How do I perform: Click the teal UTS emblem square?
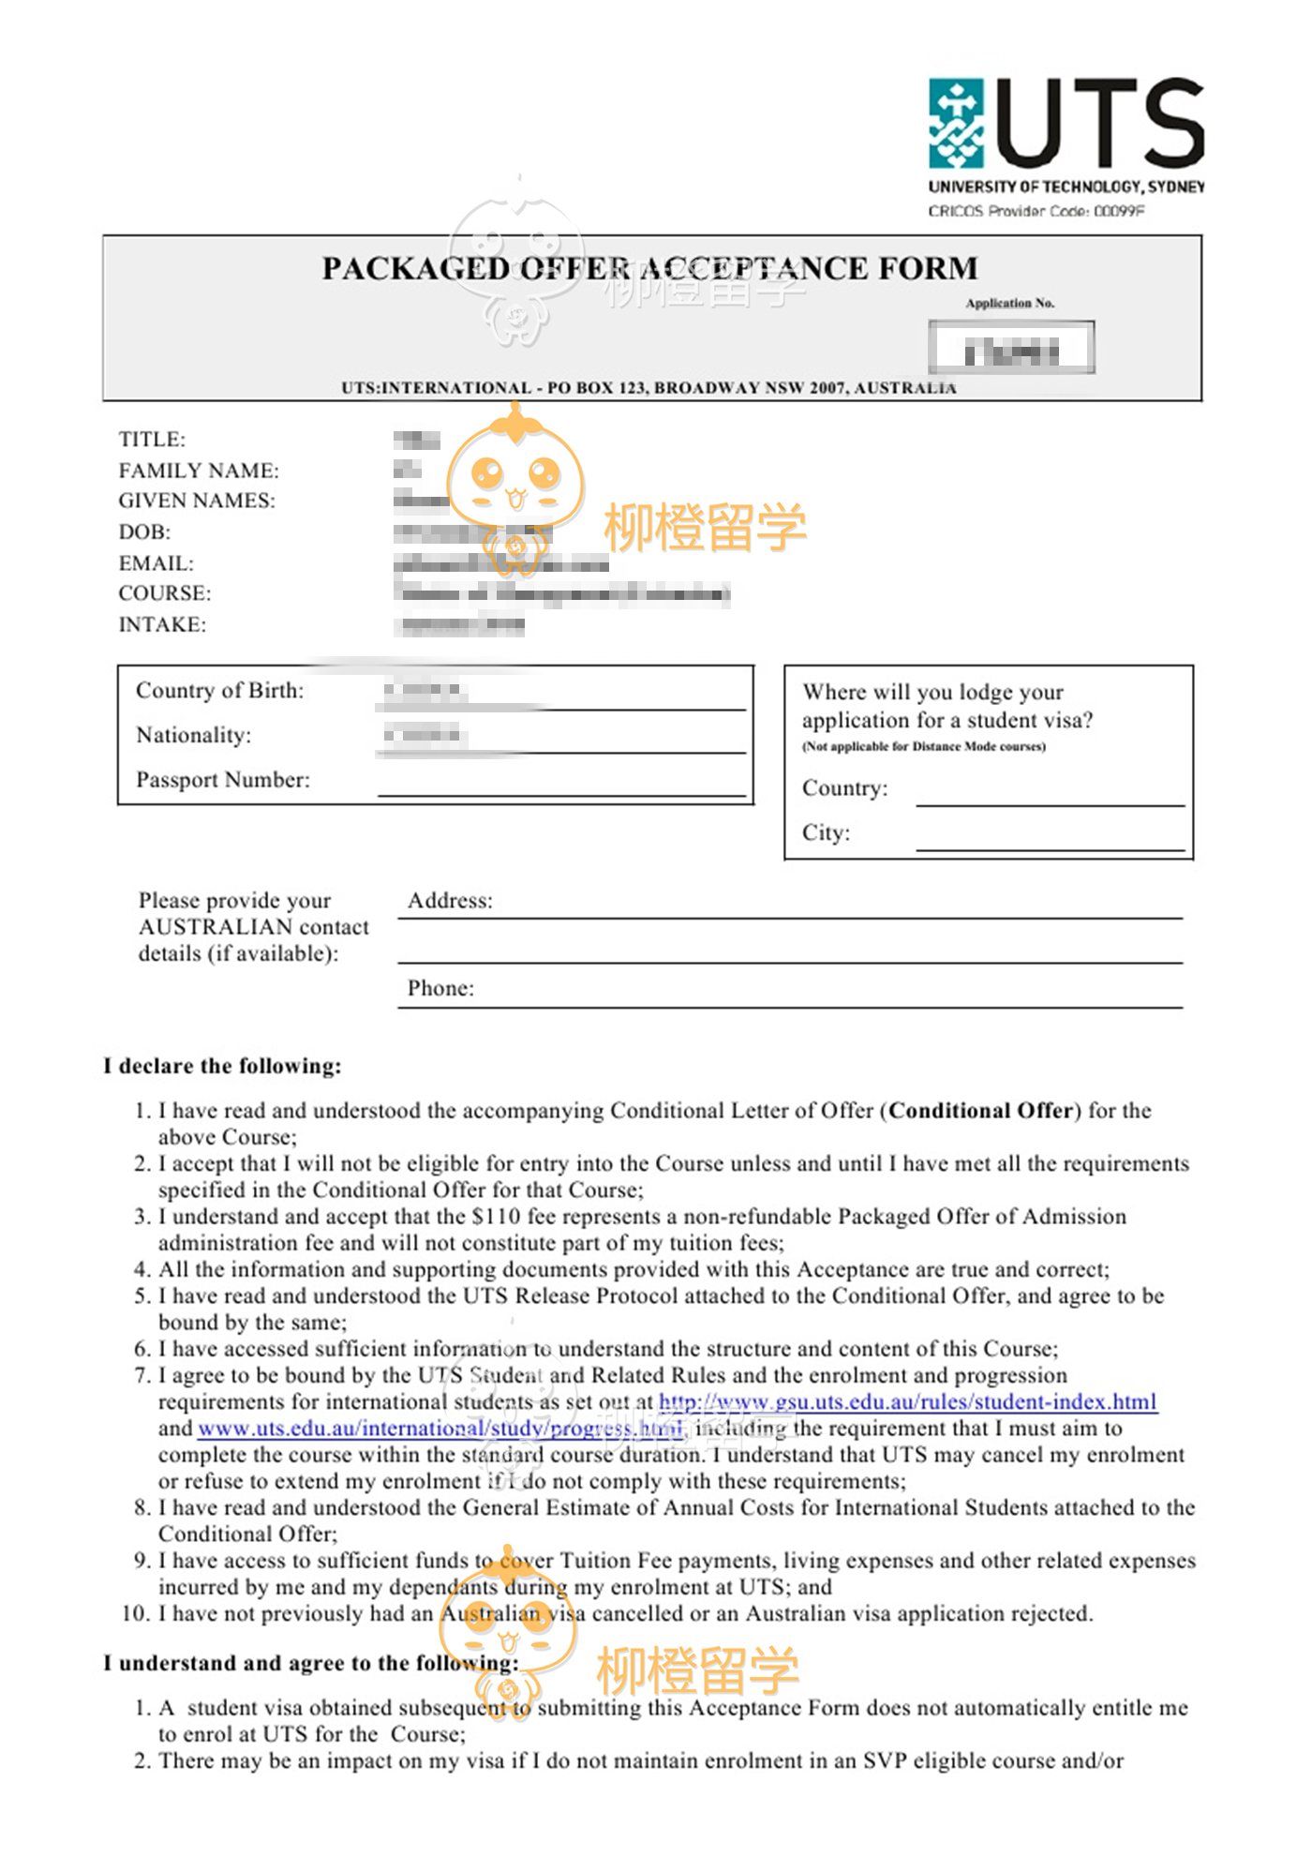[x=956, y=123]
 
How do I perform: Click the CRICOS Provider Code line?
[x=1036, y=211]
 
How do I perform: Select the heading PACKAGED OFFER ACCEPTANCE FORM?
[x=649, y=269]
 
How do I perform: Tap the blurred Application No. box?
[x=1011, y=348]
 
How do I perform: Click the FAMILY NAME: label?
[x=199, y=471]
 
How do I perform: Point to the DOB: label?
[x=144, y=532]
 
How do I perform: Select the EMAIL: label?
[x=156, y=563]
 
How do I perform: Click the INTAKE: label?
[x=162, y=625]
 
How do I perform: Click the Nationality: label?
[x=194, y=736]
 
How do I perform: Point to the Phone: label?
[x=440, y=989]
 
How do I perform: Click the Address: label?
[x=450, y=901]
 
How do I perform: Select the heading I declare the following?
[x=223, y=1067]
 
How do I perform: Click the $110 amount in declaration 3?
[x=496, y=1217]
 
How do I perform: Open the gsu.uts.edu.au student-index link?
[x=908, y=1402]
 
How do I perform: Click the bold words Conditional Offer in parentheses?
[x=980, y=1111]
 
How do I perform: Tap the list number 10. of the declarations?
[x=137, y=1614]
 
